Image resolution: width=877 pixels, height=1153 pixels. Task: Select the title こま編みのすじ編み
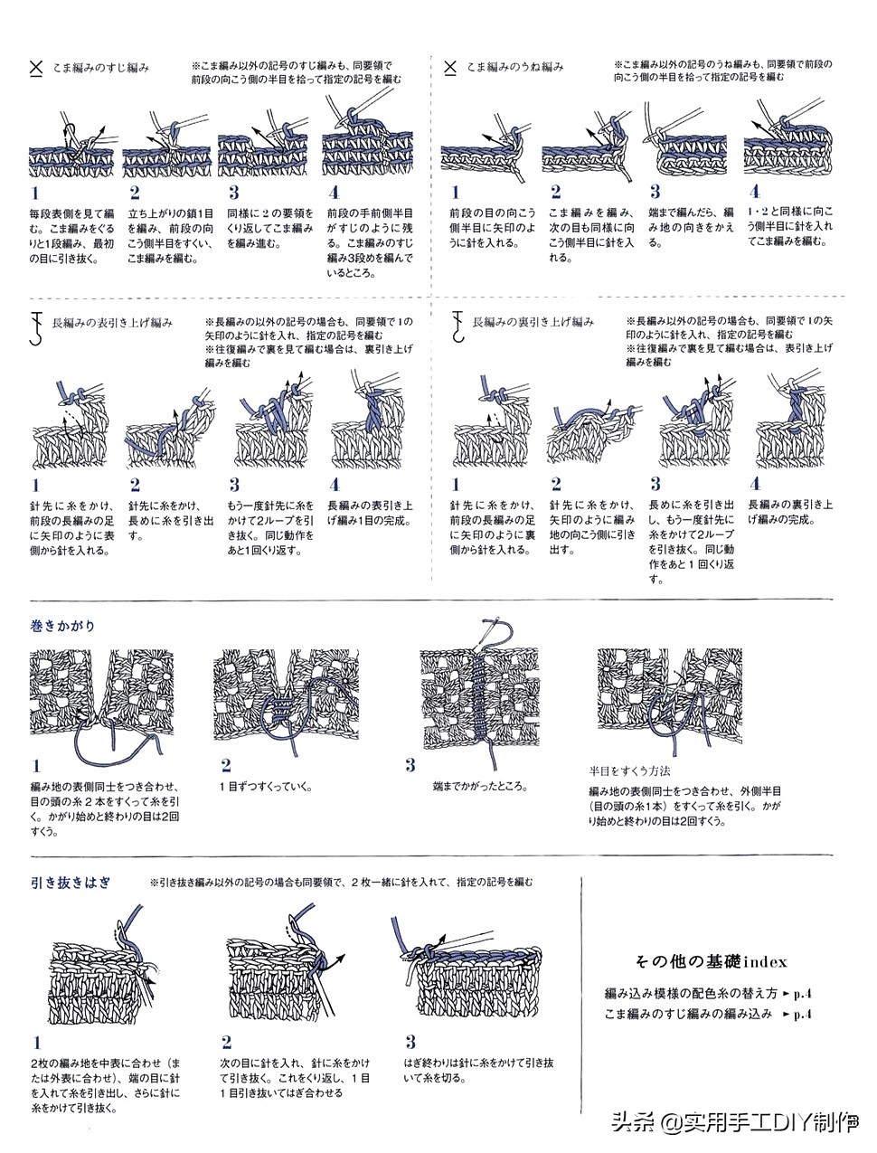pyautogui.click(x=100, y=67)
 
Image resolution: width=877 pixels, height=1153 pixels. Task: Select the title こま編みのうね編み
pyautogui.click(x=515, y=67)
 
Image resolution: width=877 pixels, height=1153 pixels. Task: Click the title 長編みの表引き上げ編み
pyautogui.click(x=112, y=322)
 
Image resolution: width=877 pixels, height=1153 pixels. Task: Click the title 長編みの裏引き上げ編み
pyautogui.click(x=533, y=322)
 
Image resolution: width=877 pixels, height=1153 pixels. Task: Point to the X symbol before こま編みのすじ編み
pyautogui.click(x=36, y=67)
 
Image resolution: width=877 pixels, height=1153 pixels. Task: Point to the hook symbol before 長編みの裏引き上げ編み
pyautogui.click(x=457, y=326)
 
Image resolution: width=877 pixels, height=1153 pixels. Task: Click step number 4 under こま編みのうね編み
pyautogui.click(x=754, y=192)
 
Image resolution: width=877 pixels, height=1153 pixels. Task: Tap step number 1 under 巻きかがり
pyautogui.click(x=36, y=766)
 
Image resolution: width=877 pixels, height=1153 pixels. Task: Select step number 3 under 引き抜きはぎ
pyautogui.click(x=410, y=1042)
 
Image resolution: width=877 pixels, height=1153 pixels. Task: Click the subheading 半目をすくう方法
pyautogui.click(x=629, y=771)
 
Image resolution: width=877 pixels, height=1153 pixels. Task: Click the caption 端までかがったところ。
pyautogui.click(x=479, y=787)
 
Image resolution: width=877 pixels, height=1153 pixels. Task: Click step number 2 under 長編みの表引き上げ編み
pyautogui.click(x=135, y=485)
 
